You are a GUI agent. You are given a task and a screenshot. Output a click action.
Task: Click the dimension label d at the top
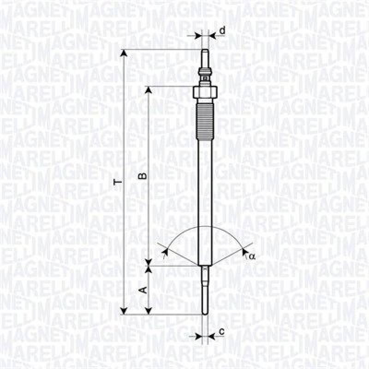[x=222, y=31]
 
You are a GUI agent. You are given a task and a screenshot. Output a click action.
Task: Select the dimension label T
[x=119, y=183]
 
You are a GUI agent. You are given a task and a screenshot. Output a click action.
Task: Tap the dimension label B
[x=143, y=176]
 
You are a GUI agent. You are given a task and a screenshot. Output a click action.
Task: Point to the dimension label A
[x=143, y=290]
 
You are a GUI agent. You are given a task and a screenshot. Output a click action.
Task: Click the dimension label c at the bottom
[x=221, y=331]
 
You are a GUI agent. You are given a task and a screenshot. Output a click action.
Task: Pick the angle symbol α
[x=252, y=256]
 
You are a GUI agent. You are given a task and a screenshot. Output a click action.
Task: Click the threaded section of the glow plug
[x=204, y=122]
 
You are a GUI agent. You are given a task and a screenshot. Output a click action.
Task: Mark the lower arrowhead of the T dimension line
[x=123, y=310]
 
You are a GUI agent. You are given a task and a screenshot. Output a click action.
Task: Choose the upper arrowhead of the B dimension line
[x=149, y=90]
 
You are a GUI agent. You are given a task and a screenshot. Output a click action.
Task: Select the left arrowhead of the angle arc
[x=165, y=250]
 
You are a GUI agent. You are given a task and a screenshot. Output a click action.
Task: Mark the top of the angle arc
[x=204, y=227]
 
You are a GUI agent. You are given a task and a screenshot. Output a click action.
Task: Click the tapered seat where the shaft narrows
[x=204, y=267]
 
